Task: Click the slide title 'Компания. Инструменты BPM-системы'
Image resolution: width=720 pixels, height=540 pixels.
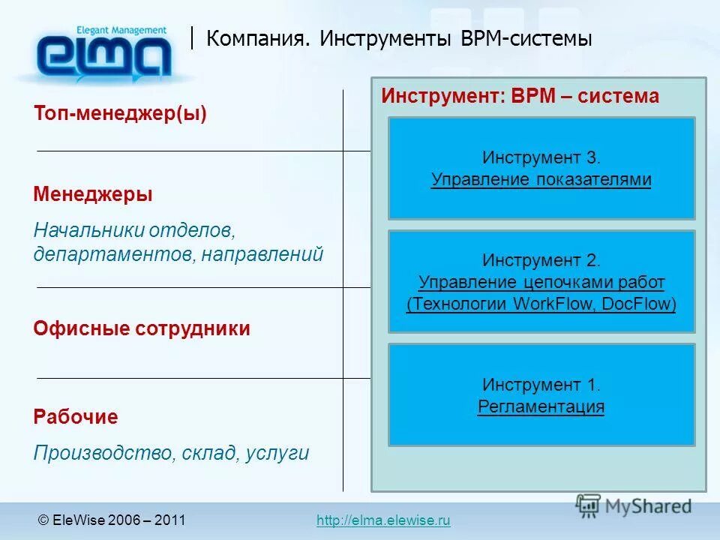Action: point(399,39)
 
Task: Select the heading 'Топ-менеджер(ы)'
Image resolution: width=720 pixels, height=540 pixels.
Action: point(120,114)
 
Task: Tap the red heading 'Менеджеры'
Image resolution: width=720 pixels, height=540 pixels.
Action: point(93,195)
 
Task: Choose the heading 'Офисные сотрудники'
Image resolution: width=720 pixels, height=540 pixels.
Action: point(142,328)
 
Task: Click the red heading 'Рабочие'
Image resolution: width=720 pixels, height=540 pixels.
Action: point(76,417)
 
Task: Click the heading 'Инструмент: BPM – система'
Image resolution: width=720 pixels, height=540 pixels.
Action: point(520,96)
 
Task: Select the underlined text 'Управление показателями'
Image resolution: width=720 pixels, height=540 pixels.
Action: point(541,180)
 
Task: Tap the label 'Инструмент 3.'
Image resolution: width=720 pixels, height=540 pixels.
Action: point(541,157)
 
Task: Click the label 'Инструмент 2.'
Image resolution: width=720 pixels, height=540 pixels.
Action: point(541,260)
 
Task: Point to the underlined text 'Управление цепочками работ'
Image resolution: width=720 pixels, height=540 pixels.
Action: point(541,282)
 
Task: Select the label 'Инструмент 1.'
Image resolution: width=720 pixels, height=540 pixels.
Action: point(541,385)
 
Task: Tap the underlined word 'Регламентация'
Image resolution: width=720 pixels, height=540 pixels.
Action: point(541,406)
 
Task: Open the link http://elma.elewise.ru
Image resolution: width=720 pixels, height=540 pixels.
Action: point(383,520)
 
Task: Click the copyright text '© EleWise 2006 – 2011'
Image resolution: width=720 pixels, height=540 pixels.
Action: point(112,520)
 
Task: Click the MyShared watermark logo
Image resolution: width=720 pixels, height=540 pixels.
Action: point(634,505)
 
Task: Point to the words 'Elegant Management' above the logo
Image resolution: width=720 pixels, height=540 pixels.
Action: point(121,30)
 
